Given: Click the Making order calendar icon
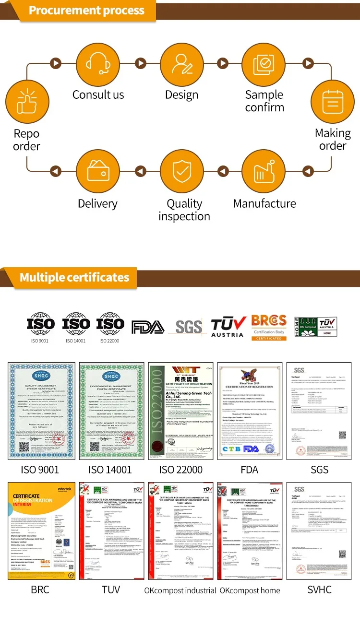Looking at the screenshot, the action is (x=332, y=101).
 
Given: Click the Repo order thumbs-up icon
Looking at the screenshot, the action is (x=27, y=101).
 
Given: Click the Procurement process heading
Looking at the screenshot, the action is (x=86, y=11).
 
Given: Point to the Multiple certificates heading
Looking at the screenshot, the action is (x=74, y=277).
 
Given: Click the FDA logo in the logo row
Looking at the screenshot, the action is (x=148, y=327).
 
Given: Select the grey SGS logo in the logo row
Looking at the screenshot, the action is (x=188, y=327).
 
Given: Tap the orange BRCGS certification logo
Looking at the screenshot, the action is (x=269, y=327).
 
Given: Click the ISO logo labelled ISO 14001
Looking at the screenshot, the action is (x=76, y=325).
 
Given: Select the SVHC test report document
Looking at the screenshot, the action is (x=319, y=531).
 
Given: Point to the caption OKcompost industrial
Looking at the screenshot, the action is (x=180, y=590).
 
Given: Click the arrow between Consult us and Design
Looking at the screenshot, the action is (x=140, y=63).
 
